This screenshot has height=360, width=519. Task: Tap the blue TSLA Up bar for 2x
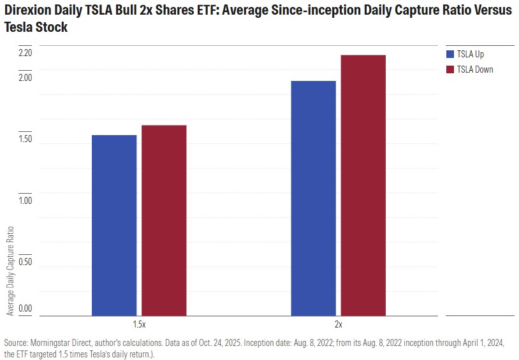tap(313, 198)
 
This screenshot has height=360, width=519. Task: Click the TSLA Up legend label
tap(471, 54)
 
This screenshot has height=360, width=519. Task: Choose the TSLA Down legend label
tap(475, 69)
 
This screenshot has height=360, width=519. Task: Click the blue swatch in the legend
tap(450, 54)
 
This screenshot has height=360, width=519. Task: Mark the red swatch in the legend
tap(450, 69)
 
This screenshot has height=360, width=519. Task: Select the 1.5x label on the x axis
tap(139, 324)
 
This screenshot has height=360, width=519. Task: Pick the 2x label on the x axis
tap(338, 324)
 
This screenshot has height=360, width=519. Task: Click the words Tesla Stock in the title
tap(36, 28)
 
